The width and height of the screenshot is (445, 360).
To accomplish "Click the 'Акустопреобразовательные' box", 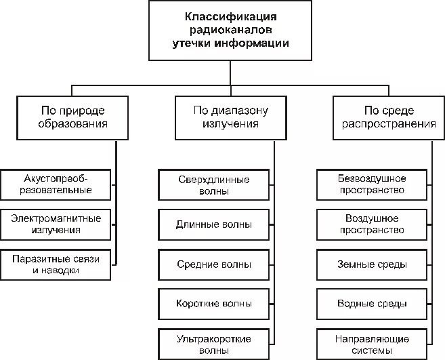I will [x=57, y=184].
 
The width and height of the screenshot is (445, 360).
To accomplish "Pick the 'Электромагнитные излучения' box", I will [x=57, y=224].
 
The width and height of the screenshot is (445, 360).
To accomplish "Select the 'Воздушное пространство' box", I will [x=372, y=224].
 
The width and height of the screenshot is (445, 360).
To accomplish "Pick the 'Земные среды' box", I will [x=372, y=264].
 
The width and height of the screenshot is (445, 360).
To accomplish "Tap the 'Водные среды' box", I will [x=372, y=303].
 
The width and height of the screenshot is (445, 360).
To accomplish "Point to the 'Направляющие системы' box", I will [x=372, y=344].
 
